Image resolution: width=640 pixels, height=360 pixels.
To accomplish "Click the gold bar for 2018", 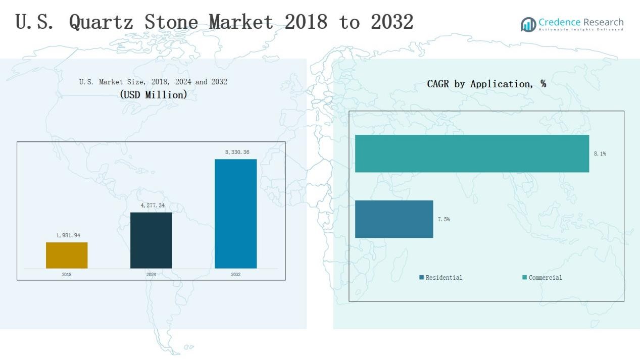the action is (x=67, y=255).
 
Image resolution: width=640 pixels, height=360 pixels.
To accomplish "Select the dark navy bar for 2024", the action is (x=151, y=240).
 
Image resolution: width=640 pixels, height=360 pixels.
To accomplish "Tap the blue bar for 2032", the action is (x=236, y=214).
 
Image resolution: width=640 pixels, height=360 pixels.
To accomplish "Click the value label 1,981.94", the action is (x=68, y=235).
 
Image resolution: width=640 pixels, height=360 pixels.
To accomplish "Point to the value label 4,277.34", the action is (x=153, y=205).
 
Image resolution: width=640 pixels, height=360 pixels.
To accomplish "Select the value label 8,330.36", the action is (x=237, y=152).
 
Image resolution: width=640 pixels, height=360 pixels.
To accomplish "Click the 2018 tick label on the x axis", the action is (x=67, y=274).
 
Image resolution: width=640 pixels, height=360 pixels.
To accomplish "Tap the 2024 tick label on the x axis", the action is (x=151, y=274).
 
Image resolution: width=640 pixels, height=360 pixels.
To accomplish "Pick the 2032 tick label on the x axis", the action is (x=236, y=274).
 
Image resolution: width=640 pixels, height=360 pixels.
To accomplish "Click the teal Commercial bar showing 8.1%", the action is (x=472, y=153).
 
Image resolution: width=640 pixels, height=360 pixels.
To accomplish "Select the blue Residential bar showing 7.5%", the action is (x=394, y=219).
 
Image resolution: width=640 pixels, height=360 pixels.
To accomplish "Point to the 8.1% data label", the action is (x=600, y=153).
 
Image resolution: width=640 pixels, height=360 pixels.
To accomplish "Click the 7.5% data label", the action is (x=444, y=219).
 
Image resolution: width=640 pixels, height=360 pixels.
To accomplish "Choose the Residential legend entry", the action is (x=440, y=278).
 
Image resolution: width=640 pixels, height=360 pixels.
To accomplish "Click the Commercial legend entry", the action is (x=542, y=278).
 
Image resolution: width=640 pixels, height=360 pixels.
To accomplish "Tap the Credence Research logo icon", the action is (x=528, y=24).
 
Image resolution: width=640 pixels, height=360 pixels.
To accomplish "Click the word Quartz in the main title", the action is (x=101, y=22).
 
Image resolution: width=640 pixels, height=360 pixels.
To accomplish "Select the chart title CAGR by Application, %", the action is (x=486, y=84).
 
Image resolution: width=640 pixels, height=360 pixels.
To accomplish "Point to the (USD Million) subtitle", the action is (x=154, y=95).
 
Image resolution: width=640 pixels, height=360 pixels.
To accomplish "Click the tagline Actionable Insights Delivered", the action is (x=581, y=29).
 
